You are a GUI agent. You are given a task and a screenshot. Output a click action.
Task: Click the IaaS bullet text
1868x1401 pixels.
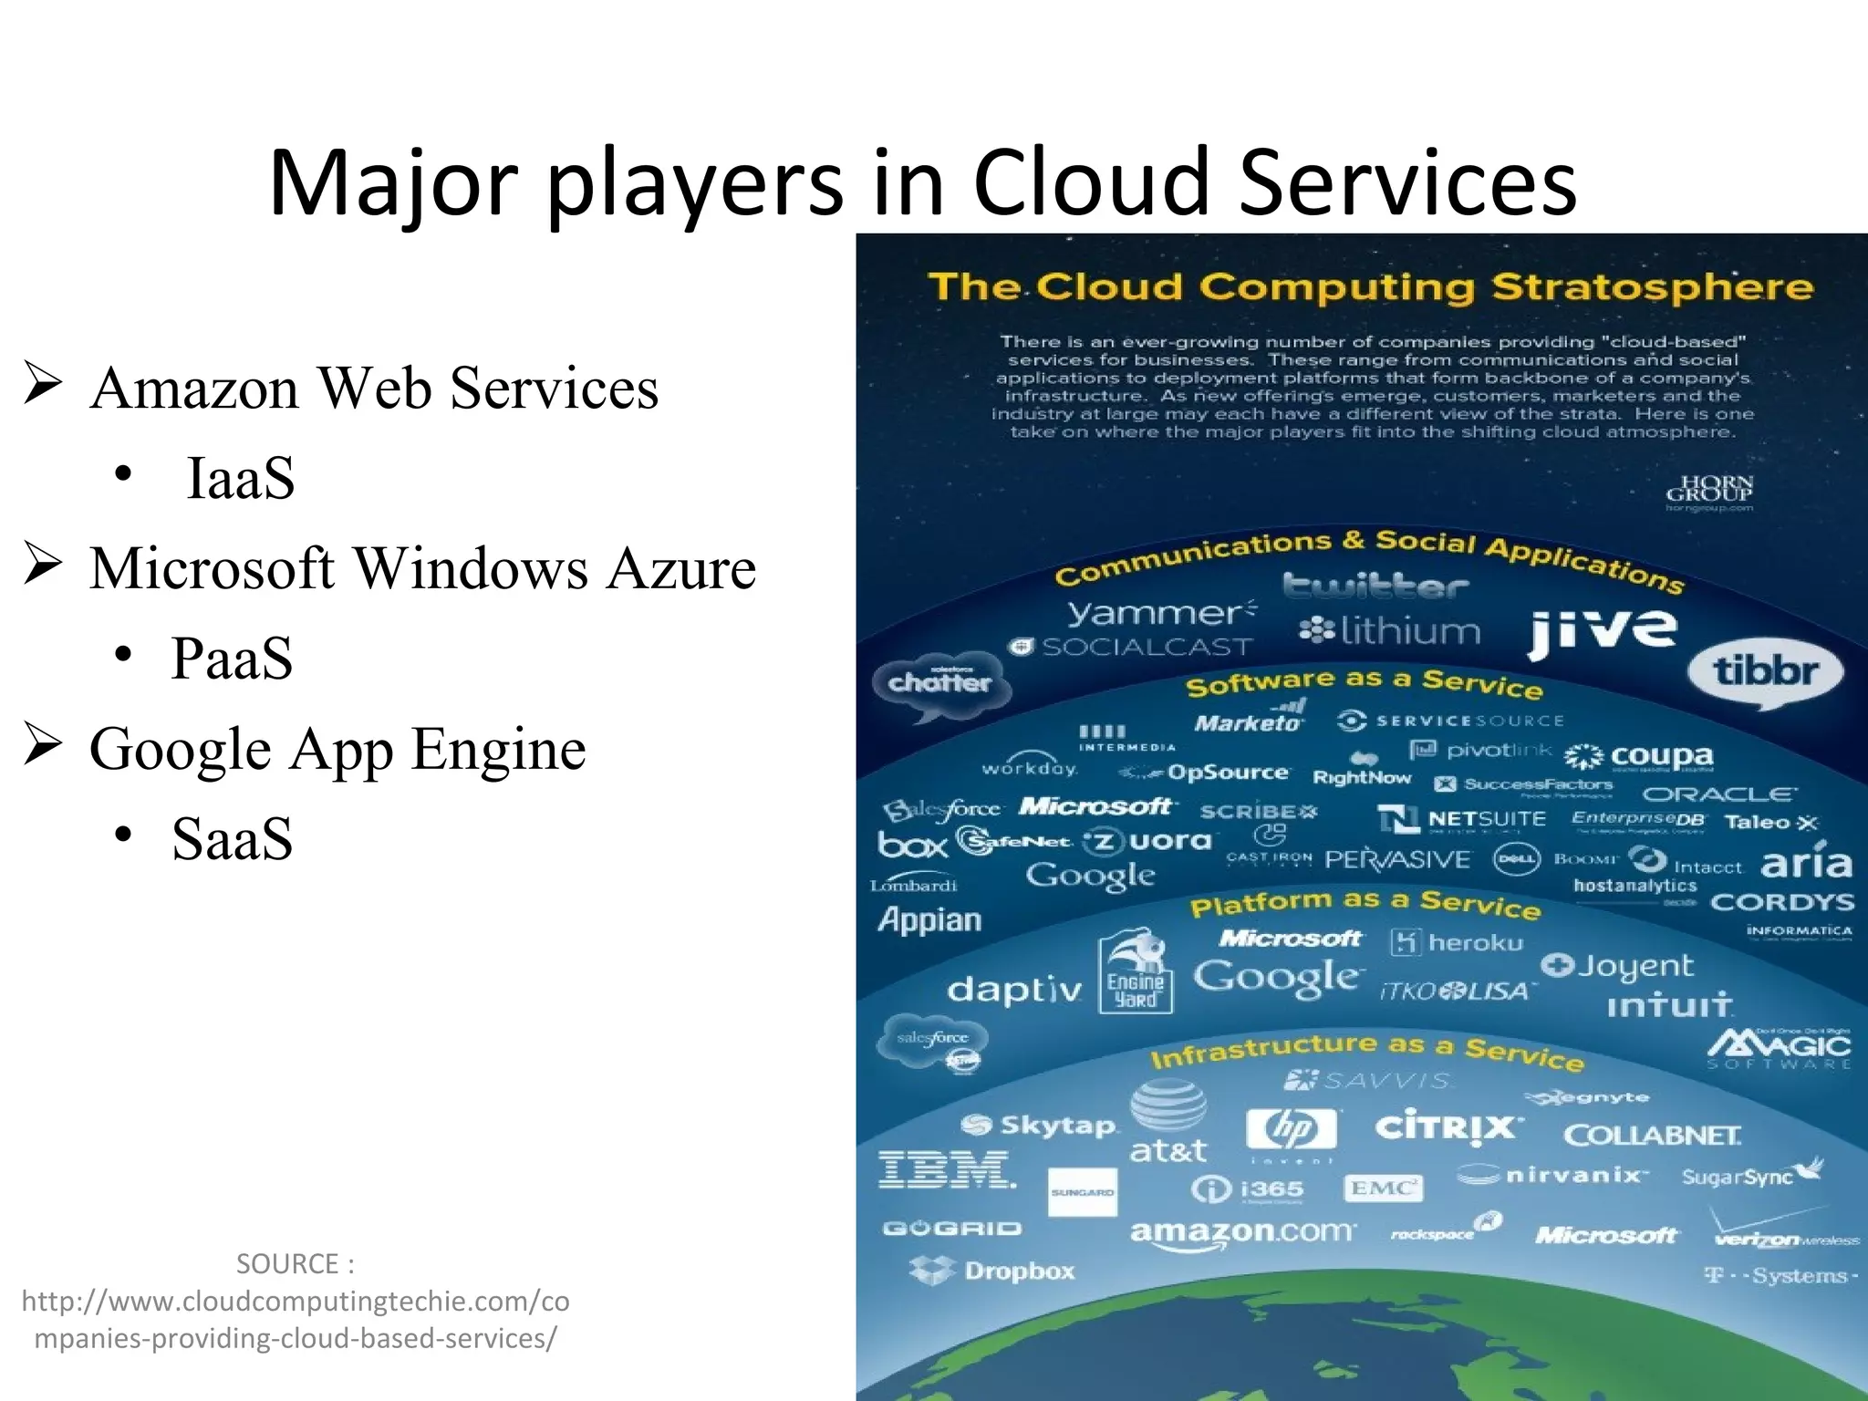pos(240,478)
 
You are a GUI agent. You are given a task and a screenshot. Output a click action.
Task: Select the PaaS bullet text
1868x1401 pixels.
pos(232,658)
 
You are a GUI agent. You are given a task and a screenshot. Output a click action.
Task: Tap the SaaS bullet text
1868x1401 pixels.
pos(232,838)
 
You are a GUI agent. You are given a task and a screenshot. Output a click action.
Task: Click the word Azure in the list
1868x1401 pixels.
pos(681,568)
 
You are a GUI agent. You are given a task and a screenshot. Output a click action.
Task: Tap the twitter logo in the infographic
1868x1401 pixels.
pos(1375,586)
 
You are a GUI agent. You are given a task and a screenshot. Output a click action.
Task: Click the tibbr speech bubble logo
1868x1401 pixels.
pos(1765,672)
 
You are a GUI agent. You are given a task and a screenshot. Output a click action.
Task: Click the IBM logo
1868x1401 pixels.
pos(946,1169)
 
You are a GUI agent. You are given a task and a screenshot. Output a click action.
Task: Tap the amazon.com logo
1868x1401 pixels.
pos(1242,1231)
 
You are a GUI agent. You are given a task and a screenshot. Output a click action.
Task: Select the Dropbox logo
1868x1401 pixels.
pos(993,1271)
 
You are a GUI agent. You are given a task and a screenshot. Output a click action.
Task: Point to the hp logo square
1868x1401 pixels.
pos(1291,1129)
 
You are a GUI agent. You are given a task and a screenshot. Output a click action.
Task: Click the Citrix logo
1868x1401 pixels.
pos(1448,1127)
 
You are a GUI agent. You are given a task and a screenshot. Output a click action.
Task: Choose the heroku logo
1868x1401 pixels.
pos(1458,942)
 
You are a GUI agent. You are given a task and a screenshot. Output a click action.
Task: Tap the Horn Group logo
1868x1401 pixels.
pos(1709,490)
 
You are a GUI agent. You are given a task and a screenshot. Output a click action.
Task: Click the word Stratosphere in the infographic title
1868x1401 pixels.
pos(1652,287)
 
